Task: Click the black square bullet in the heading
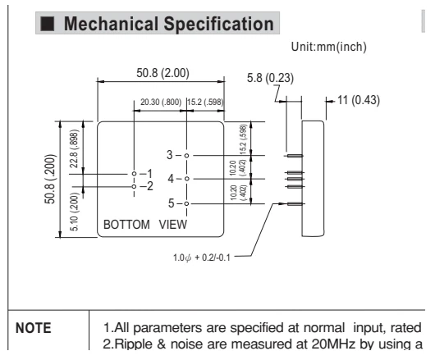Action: pos(47,24)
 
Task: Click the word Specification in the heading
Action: pos(219,24)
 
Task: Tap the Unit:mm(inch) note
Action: pos(329,47)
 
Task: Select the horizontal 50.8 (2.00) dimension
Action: pos(163,73)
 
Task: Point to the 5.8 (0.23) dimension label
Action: pos(270,78)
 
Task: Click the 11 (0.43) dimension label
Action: pos(359,100)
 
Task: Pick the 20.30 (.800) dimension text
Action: pos(161,103)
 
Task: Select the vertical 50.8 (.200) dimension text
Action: pos(50,179)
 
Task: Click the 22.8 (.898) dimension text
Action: pos(74,148)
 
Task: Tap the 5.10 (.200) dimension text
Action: pos(74,212)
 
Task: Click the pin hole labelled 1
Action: pos(135,174)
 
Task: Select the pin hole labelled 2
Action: pos(135,186)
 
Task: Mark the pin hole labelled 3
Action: pos(186,156)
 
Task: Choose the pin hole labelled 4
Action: pos(186,179)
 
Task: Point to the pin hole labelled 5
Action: pos(186,203)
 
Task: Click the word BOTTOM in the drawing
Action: pos(126,225)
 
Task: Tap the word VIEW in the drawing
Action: pos(173,225)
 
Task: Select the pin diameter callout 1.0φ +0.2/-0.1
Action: pos(202,257)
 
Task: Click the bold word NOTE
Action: pos(34,328)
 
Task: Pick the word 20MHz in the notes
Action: pos(333,344)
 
